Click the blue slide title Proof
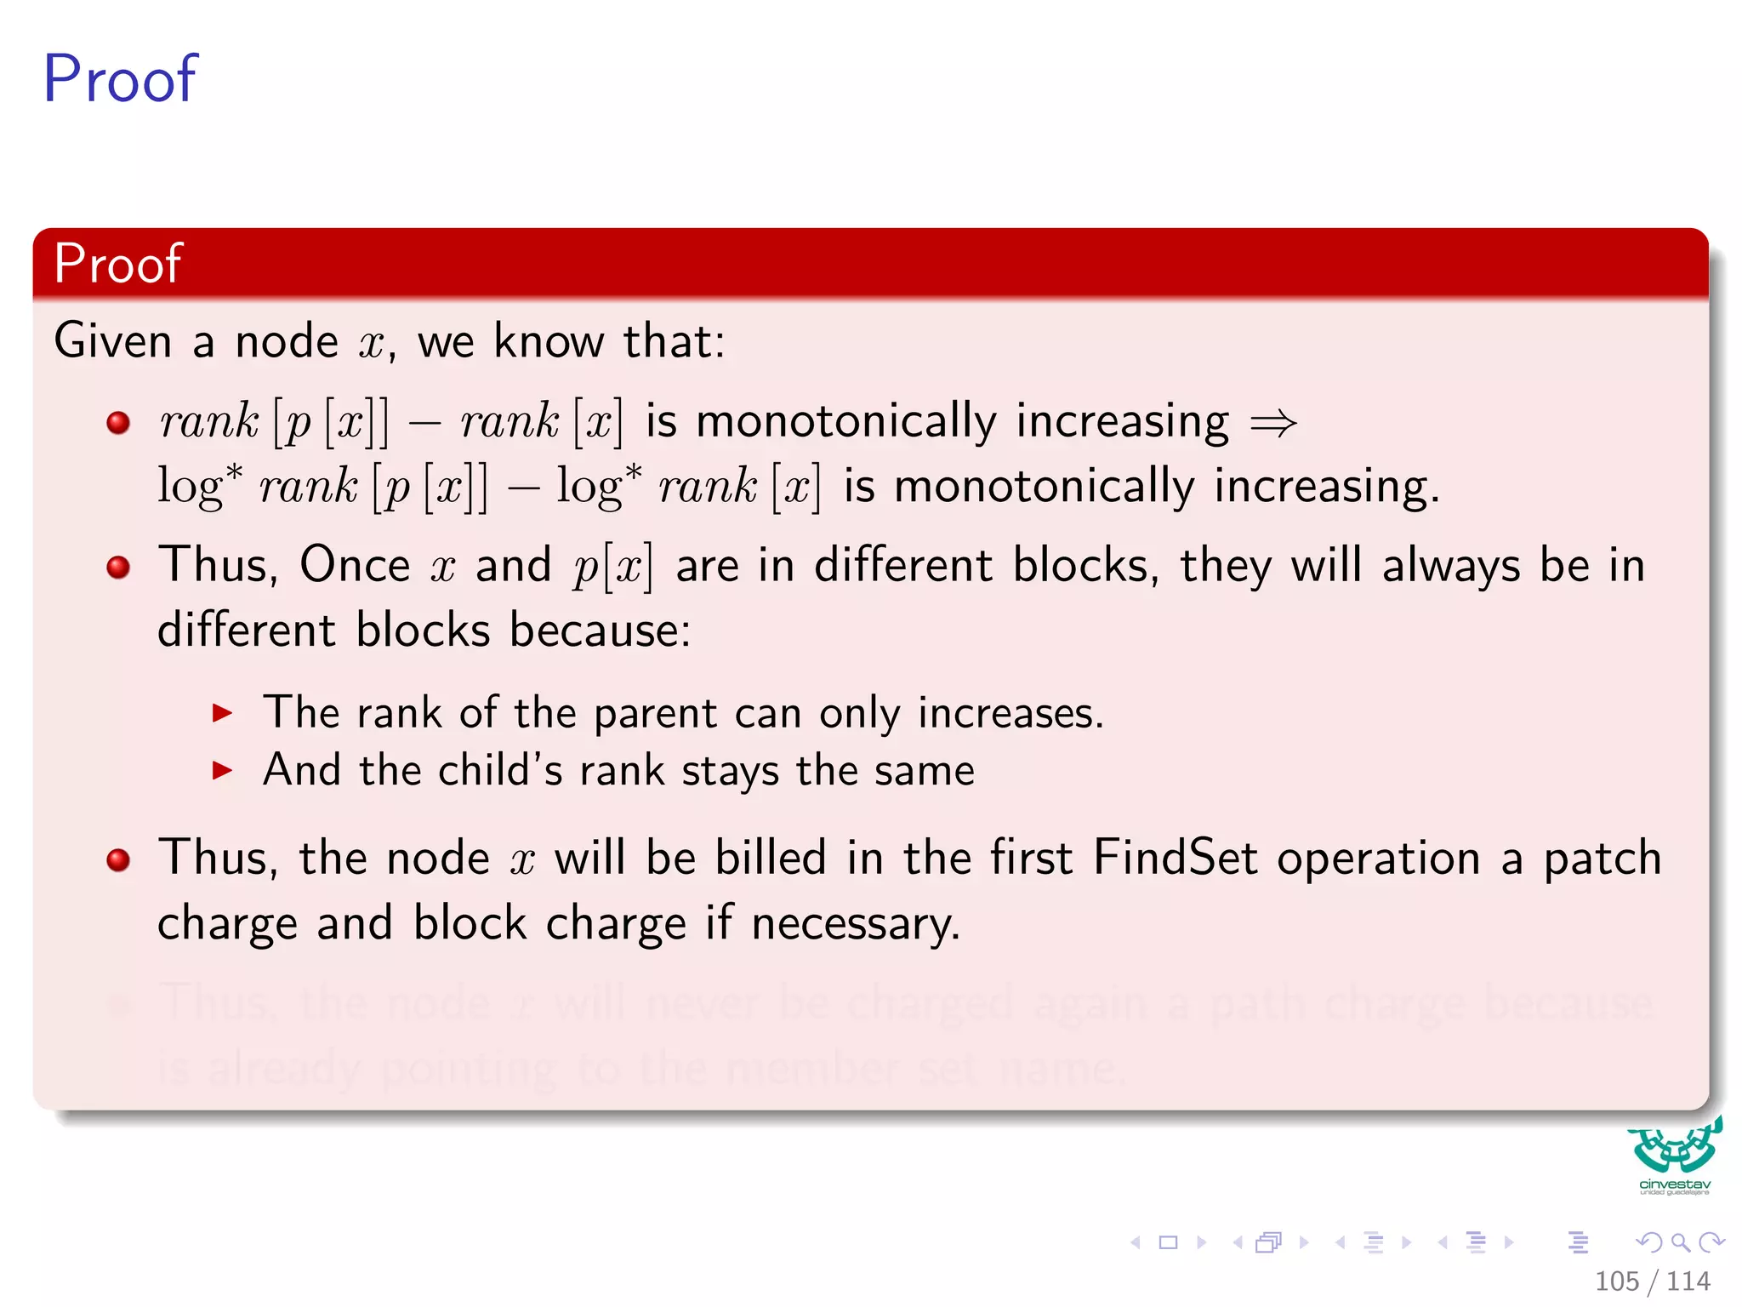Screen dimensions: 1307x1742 120,79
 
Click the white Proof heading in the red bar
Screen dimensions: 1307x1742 117,263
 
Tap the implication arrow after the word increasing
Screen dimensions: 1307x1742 1272,423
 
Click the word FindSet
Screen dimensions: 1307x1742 1175,858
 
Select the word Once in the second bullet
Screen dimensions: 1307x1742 355,565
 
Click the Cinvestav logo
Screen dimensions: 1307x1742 1674,1156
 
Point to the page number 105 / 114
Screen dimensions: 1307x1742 1652,1281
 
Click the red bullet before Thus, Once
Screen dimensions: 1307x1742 118,567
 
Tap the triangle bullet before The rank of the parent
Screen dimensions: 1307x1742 222,713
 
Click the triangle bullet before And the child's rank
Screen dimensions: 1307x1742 222,771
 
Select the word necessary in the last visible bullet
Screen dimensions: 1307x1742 855,924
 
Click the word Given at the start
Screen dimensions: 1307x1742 113,341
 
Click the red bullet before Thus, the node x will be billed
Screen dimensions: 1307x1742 118,859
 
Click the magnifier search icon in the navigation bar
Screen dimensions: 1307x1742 1680,1242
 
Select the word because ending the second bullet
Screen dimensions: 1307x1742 600,631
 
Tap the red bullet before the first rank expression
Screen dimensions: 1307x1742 118,422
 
